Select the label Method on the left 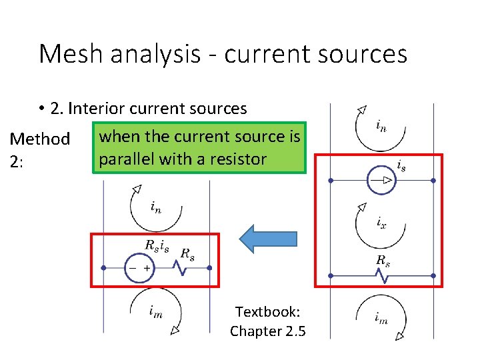click(39, 139)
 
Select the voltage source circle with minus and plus click(140, 268)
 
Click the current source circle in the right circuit click(382, 180)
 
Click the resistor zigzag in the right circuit click(383, 274)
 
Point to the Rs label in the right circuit click(383, 260)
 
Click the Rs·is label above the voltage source click(157, 245)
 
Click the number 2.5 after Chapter click(293, 331)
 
